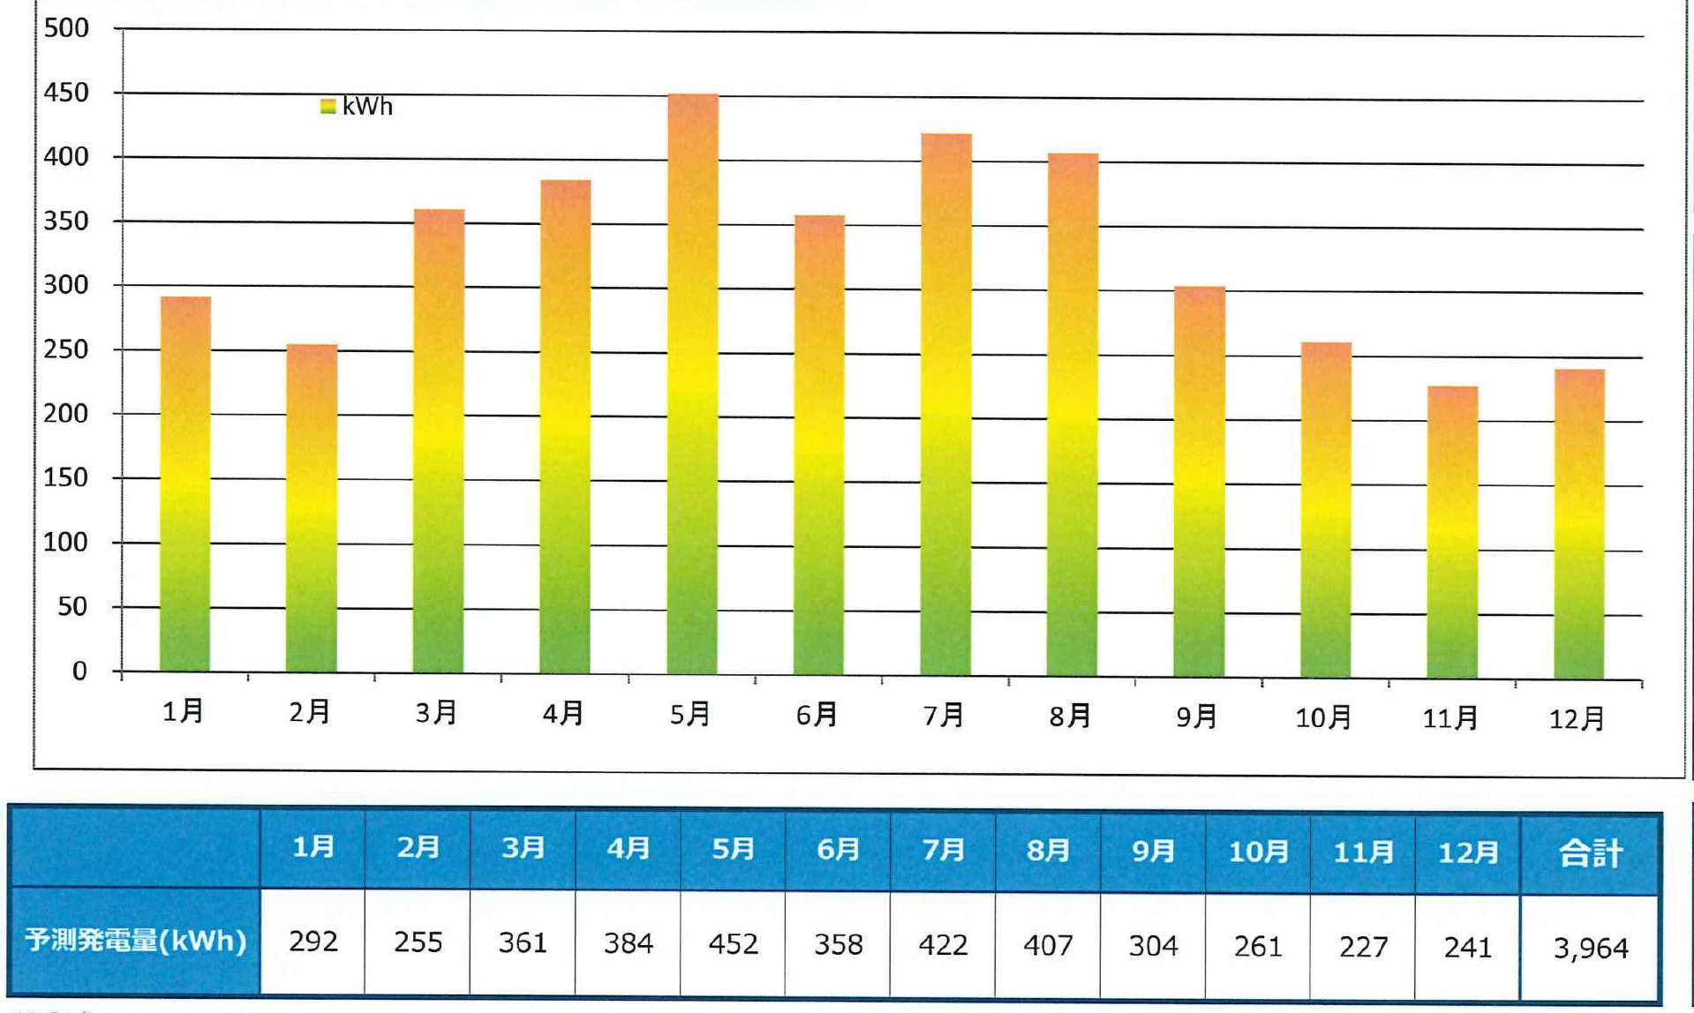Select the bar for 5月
pos(692,384)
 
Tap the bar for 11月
pos(1452,531)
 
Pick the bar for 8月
pos(1073,415)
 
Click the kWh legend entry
pos(357,107)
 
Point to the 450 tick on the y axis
pos(66,93)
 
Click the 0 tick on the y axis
pos(79,671)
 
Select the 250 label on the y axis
pos(66,349)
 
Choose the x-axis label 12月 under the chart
pos(1577,718)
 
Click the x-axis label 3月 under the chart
pos(437,712)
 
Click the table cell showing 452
pos(733,944)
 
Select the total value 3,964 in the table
pos(1590,948)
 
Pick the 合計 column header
pos(1590,853)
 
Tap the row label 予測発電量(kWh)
pos(135,940)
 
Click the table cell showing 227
pos(1363,947)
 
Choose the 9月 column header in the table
pos(1153,851)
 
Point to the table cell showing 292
pos(313,942)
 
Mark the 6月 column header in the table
pos(838,849)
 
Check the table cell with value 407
pos(1048,946)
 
